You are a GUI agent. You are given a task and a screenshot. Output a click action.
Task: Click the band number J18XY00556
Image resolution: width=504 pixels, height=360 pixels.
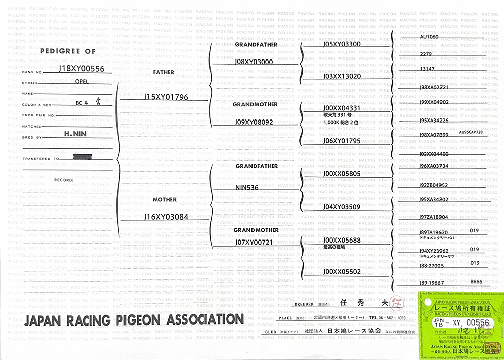coord(82,68)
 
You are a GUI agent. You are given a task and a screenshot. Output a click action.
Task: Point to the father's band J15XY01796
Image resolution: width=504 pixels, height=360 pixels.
coord(166,96)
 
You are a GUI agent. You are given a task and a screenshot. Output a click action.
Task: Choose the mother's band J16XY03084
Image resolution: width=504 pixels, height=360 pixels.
coord(166,217)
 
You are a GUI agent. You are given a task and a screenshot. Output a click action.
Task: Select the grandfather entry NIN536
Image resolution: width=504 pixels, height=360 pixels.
coord(247,187)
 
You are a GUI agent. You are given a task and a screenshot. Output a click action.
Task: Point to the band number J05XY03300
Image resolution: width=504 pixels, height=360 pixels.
coord(342,44)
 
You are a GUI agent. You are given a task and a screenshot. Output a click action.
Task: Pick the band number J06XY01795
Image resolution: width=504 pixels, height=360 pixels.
coord(342,141)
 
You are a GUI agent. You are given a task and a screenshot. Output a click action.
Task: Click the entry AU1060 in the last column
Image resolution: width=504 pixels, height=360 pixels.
coord(429,37)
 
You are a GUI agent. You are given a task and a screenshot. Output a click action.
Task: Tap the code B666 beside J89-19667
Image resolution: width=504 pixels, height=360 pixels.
coord(476,282)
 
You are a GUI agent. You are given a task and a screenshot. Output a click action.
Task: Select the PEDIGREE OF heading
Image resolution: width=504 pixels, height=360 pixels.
coord(68,51)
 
